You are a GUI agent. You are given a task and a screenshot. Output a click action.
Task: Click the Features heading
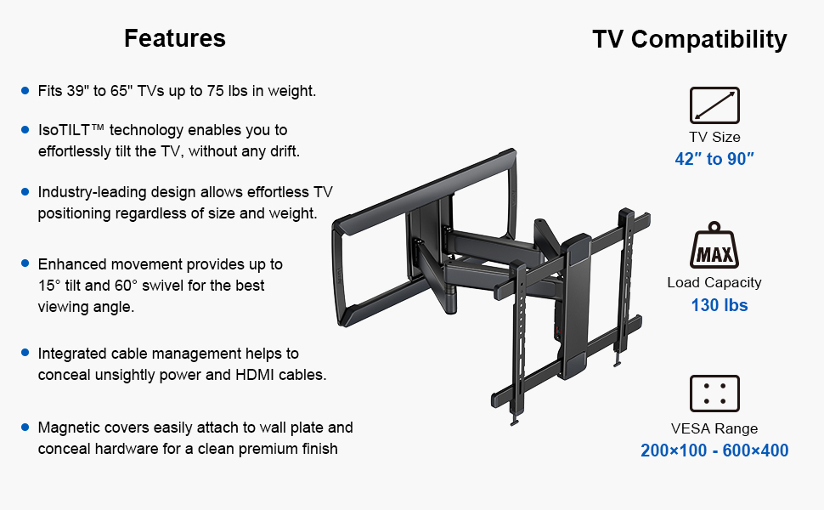(x=175, y=38)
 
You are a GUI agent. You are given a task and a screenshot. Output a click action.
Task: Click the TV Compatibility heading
(x=690, y=39)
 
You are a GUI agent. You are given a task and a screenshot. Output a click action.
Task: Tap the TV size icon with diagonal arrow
(x=714, y=105)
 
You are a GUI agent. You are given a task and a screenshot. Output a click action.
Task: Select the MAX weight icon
(x=714, y=246)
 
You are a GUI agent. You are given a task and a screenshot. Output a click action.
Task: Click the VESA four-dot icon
(x=714, y=394)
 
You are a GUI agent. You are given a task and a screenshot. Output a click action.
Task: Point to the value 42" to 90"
(x=714, y=159)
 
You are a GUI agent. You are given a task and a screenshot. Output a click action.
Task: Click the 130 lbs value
(x=719, y=305)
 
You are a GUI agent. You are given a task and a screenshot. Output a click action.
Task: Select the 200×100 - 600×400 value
(x=714, y=450)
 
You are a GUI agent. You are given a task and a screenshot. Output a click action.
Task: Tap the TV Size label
(x=714, y=137)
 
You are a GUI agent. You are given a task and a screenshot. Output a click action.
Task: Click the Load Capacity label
(x=714, y=283)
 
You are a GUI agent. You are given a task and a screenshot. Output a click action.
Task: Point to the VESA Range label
(x=714, y=428)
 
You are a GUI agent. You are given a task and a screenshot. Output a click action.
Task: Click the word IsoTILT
(x=64, y=130)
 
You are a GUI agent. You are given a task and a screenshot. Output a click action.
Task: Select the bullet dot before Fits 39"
(x=25, y=90)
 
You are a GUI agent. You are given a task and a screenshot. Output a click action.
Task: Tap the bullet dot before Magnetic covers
(x=25, y=427)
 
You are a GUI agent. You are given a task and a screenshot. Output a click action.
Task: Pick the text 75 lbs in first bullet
(x=227, y=91)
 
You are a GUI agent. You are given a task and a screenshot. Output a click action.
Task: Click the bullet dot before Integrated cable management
(x=25, y=353)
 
